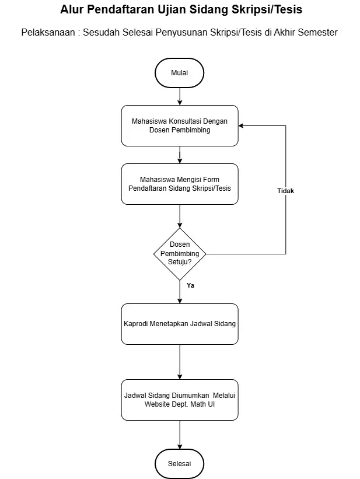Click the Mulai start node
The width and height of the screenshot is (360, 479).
(179, 73)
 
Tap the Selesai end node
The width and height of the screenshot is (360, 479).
(179, 463)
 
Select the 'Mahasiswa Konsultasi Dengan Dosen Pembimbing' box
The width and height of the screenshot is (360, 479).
(180, 125)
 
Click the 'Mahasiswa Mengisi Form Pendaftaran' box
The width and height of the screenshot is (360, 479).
(180, 184)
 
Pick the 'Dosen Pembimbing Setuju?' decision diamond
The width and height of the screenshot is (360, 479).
(180, 254)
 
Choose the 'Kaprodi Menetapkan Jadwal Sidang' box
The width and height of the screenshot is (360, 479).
(180, 324)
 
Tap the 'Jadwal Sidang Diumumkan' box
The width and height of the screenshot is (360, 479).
(180, 400)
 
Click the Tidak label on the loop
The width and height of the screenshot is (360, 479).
(285, 191)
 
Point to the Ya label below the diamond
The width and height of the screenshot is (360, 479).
(190, 285)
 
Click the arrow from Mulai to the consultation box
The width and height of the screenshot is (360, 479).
(180, 96)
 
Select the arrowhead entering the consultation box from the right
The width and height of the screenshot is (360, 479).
(241, 125)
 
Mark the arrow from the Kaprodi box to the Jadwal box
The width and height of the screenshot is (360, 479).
(180, 362)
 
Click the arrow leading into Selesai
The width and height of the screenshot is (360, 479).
(180, 435)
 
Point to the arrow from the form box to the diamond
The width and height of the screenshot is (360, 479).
(180, 216)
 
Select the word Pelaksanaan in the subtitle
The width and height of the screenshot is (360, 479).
(48, 32)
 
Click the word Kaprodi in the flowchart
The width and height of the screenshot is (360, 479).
(135, 323)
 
